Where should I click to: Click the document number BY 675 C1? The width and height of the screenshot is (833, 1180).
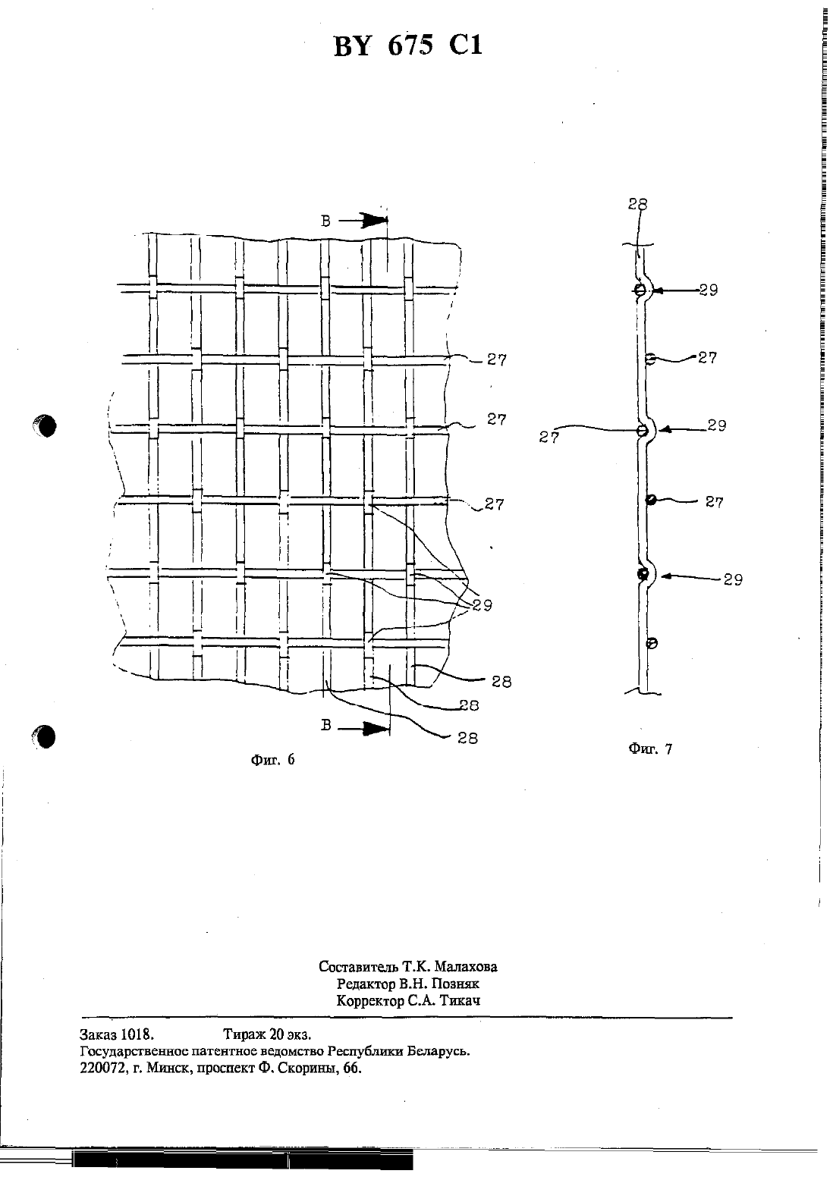(x=408, y=46)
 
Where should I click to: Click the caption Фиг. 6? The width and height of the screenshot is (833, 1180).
(x=272, y=759)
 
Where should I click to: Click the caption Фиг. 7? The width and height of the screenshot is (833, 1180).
(x=650, y=748)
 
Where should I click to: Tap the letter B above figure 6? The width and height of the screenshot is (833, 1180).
(x=325, y=221)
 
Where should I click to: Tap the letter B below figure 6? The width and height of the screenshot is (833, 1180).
(x=326, y=726)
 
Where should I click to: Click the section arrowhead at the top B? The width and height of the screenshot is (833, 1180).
(x=375, y=221)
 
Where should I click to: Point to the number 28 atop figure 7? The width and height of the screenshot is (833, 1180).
(x=637, y=204)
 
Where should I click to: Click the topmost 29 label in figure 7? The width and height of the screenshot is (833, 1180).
(x=709, y=290)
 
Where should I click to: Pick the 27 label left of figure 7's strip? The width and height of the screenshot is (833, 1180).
(x=549, y=438)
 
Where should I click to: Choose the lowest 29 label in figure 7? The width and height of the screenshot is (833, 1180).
(x=733, y=580)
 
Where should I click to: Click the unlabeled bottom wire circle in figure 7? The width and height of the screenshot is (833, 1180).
(x=652, y=643)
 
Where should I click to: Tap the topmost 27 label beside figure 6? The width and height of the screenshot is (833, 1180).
(x=496, y=359)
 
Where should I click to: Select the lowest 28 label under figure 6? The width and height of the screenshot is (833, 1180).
(x=467, y=739)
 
